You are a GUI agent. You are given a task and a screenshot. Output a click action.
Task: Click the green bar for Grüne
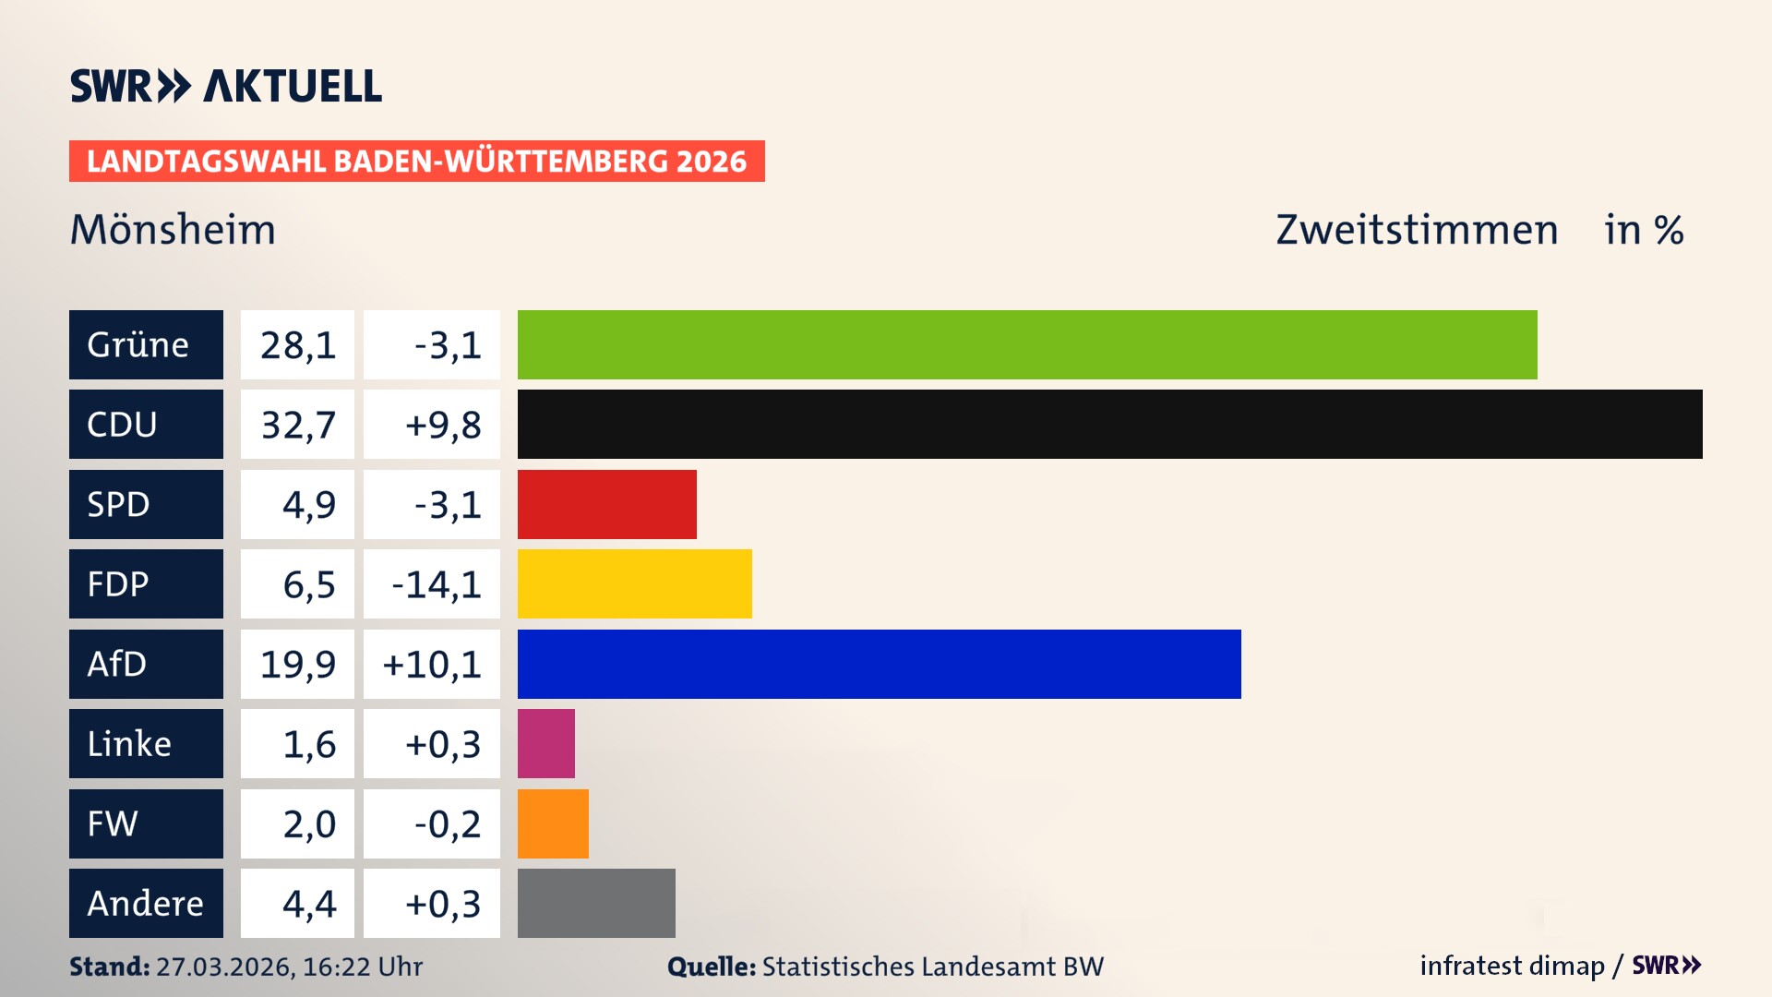click(1026, 344)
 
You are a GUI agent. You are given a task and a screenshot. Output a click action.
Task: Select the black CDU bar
click(1109, 424)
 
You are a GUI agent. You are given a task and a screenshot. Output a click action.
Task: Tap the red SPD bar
click(606, 504)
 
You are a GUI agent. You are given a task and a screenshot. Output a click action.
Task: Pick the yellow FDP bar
click(634, 583)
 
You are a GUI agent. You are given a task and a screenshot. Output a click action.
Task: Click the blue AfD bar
click(879, 664)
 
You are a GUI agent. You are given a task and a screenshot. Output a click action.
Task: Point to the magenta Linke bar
click(545, 743)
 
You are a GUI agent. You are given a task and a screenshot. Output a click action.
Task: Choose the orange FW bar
click(553, 823)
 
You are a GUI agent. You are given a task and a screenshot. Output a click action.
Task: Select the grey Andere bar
click(596, 903)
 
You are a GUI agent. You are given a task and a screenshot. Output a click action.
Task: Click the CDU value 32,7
click(297, 425)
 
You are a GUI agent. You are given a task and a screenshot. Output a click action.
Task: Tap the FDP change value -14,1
click(436, 584)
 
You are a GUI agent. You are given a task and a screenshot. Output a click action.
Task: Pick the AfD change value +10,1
click(432, 665)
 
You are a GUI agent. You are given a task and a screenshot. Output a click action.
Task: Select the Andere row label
click(146, 903)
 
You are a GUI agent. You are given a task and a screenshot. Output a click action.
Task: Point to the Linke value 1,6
click(308, 744)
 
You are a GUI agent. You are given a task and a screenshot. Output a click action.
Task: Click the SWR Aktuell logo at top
click(225, 86)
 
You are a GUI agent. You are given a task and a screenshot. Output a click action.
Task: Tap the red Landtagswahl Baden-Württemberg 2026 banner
click(416, 161)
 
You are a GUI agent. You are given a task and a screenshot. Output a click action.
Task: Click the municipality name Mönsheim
click(173, 229)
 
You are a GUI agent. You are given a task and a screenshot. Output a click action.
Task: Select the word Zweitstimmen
click(1416, 229)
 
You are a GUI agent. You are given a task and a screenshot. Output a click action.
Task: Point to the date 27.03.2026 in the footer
click(224, 967)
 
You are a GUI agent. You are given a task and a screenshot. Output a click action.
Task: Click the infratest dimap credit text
click(1511, 966)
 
